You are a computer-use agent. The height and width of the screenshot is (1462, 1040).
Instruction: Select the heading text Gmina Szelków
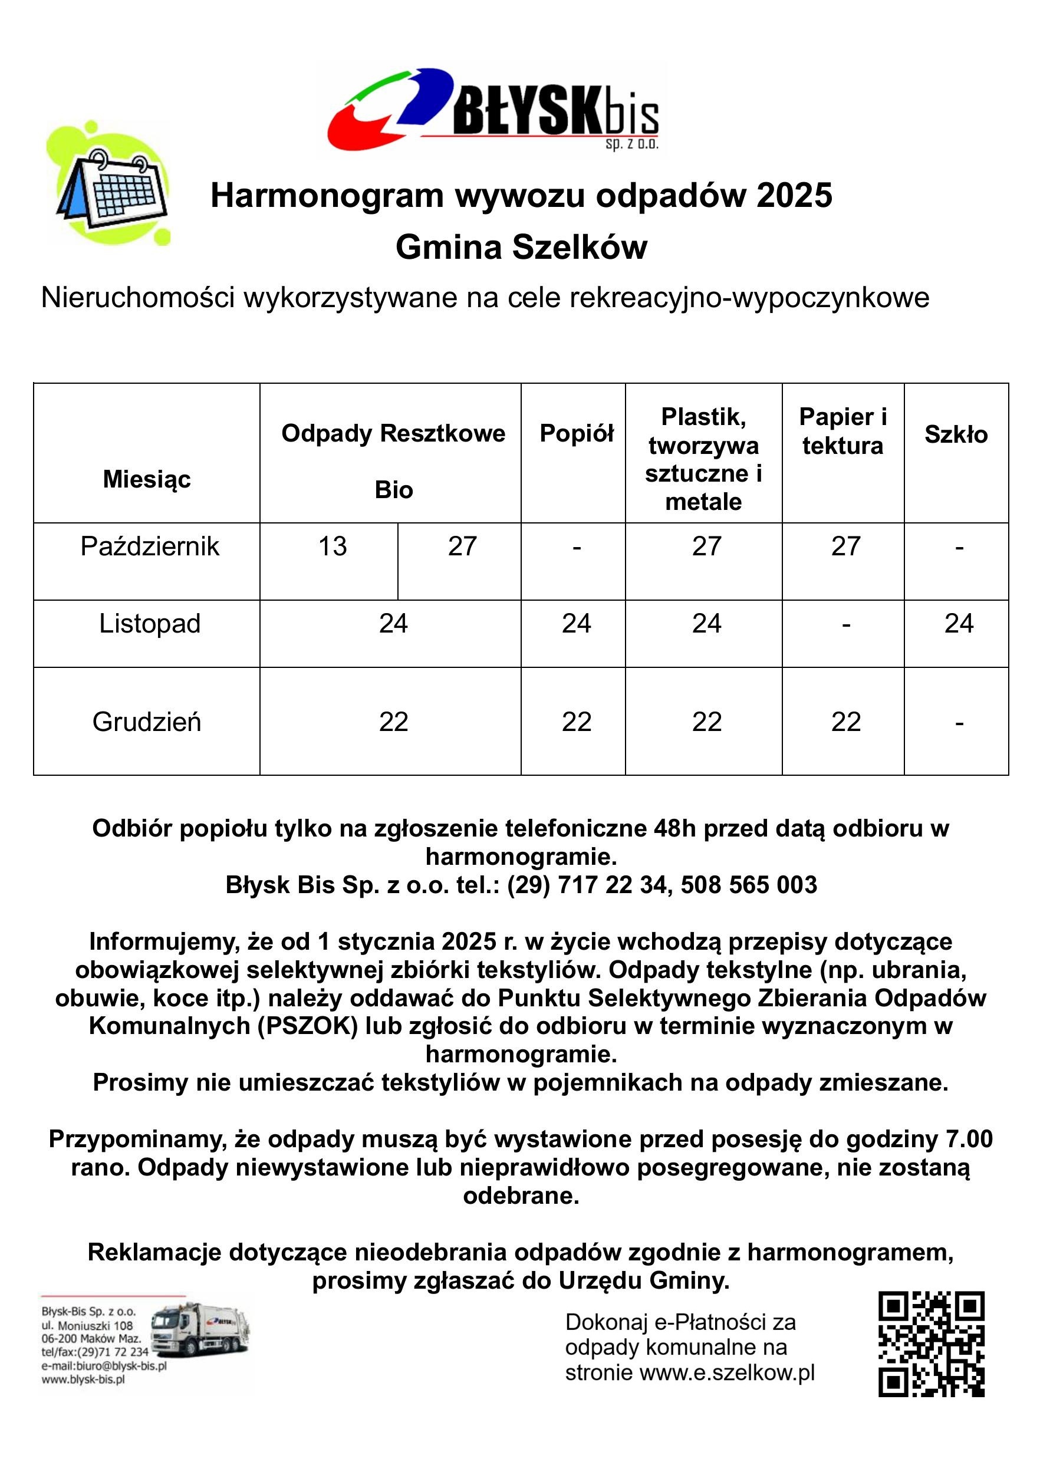coord(521,247)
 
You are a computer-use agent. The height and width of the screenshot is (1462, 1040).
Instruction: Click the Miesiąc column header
coord(147,479)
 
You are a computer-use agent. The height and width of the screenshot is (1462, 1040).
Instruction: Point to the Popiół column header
coord(577,433)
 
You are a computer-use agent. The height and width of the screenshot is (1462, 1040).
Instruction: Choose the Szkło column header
coord(956,435)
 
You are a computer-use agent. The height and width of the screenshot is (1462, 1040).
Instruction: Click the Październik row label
coord(149,546)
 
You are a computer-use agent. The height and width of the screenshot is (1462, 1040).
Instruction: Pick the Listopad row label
coord(149,624)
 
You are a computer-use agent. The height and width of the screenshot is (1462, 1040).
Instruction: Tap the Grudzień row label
coord(147,722)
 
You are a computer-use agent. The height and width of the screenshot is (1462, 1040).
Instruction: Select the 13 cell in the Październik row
coord(333,546)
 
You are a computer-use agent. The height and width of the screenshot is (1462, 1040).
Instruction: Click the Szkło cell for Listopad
coord(959,624)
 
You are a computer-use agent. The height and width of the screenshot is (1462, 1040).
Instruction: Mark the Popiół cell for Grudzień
coord(577,722)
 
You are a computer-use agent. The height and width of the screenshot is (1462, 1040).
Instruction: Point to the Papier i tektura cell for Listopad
coord(845,624)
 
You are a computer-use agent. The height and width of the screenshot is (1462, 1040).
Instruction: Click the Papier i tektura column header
coord(842,431)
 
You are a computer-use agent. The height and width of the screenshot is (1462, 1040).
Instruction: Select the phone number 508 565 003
coord(749,884)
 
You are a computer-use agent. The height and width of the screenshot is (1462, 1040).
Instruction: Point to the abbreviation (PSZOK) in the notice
coord(308,1026)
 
